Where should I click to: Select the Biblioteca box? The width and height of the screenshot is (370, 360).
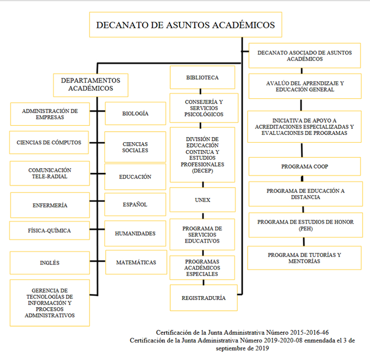coord(202,77)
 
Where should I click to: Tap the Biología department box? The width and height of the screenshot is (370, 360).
coord(135,113)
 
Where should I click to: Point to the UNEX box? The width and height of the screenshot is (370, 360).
coord(202,200)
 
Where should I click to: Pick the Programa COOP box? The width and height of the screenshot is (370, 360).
coord(305,166)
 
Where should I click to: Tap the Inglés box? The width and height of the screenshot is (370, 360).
coord(49,263)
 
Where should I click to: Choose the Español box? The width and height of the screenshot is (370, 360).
coord(135,205)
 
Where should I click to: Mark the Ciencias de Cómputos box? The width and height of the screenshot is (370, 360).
coord(49,142)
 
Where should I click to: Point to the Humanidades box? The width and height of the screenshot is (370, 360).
coord(135,234)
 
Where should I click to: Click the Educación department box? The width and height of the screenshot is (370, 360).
coord(135,177)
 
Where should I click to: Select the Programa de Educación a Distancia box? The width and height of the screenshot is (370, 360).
coord(305,193)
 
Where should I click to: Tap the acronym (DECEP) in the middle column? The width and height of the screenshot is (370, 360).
coord(202,171)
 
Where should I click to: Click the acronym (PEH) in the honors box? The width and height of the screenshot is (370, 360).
coord(306,228)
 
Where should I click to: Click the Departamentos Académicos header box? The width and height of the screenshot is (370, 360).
coord(90,85)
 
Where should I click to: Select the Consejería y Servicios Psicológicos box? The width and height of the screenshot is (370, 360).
coord(202,108)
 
